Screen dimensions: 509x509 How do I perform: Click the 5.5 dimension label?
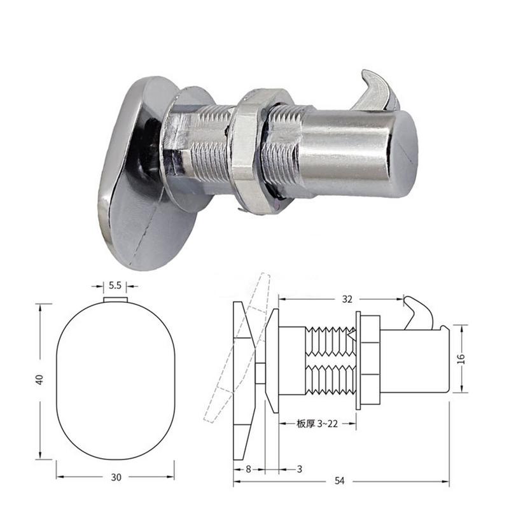(115, 286)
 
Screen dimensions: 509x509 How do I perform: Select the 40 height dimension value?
(39, 380)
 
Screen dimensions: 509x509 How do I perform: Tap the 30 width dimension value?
(116, 478)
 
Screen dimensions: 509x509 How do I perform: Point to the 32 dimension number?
(347, 299)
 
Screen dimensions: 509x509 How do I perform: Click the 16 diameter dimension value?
(461, 359)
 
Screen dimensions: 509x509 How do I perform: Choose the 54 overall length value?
(339, 481)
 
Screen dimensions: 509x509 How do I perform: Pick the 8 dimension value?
(248, 469)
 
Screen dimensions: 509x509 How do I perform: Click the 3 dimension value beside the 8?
(299, 469)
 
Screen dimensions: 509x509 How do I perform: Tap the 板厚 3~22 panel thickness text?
(317, 424)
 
